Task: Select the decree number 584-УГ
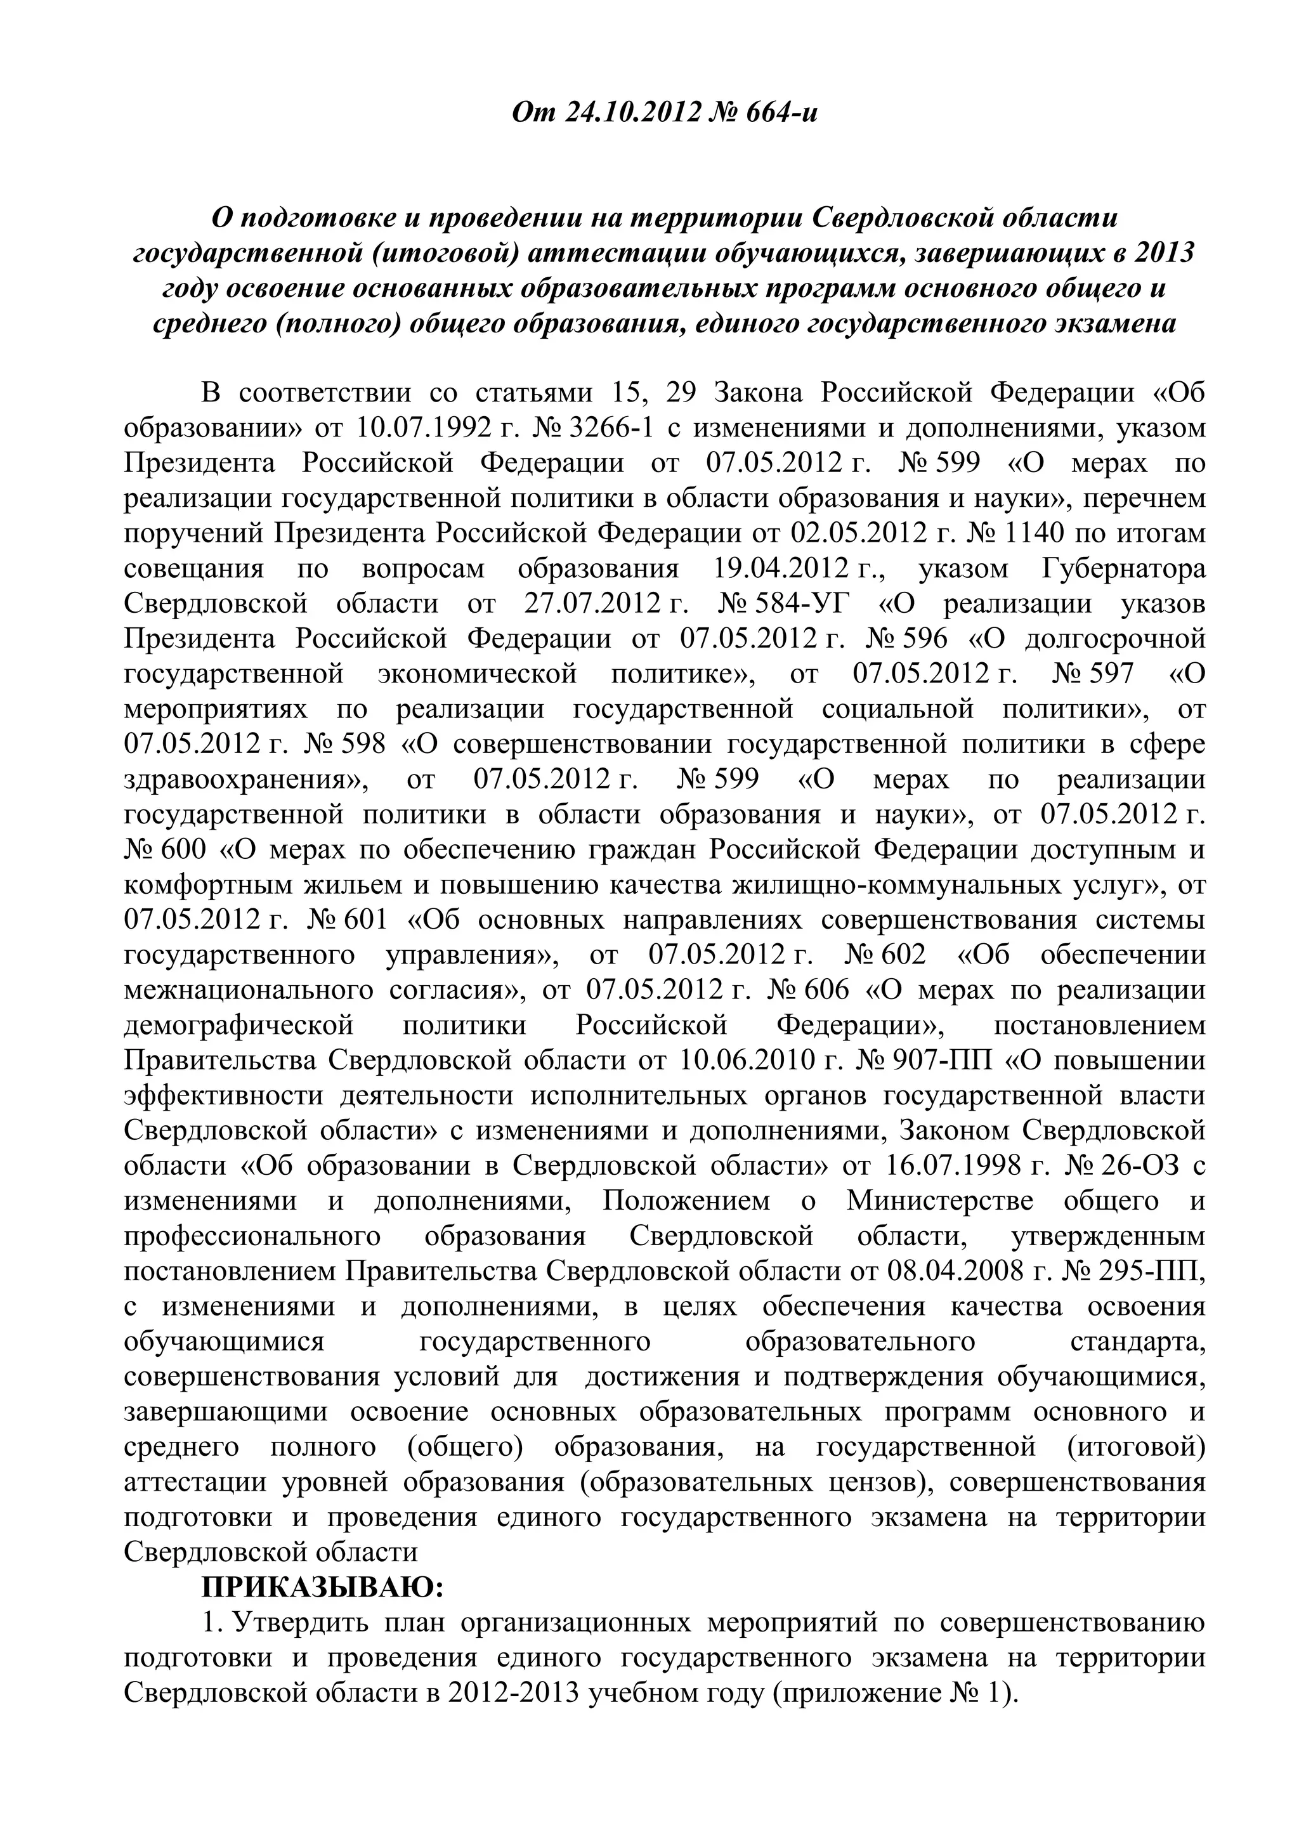pyautogui.click(x=810, y=603)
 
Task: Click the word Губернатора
pyautogui.click(x=1123, y=568)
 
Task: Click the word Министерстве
pyautogui.click(x=940, y=1200)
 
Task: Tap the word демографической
pyautogui.click(x=238, y=1025)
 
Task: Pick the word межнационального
pyautogui.click(x=249, y=990)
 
